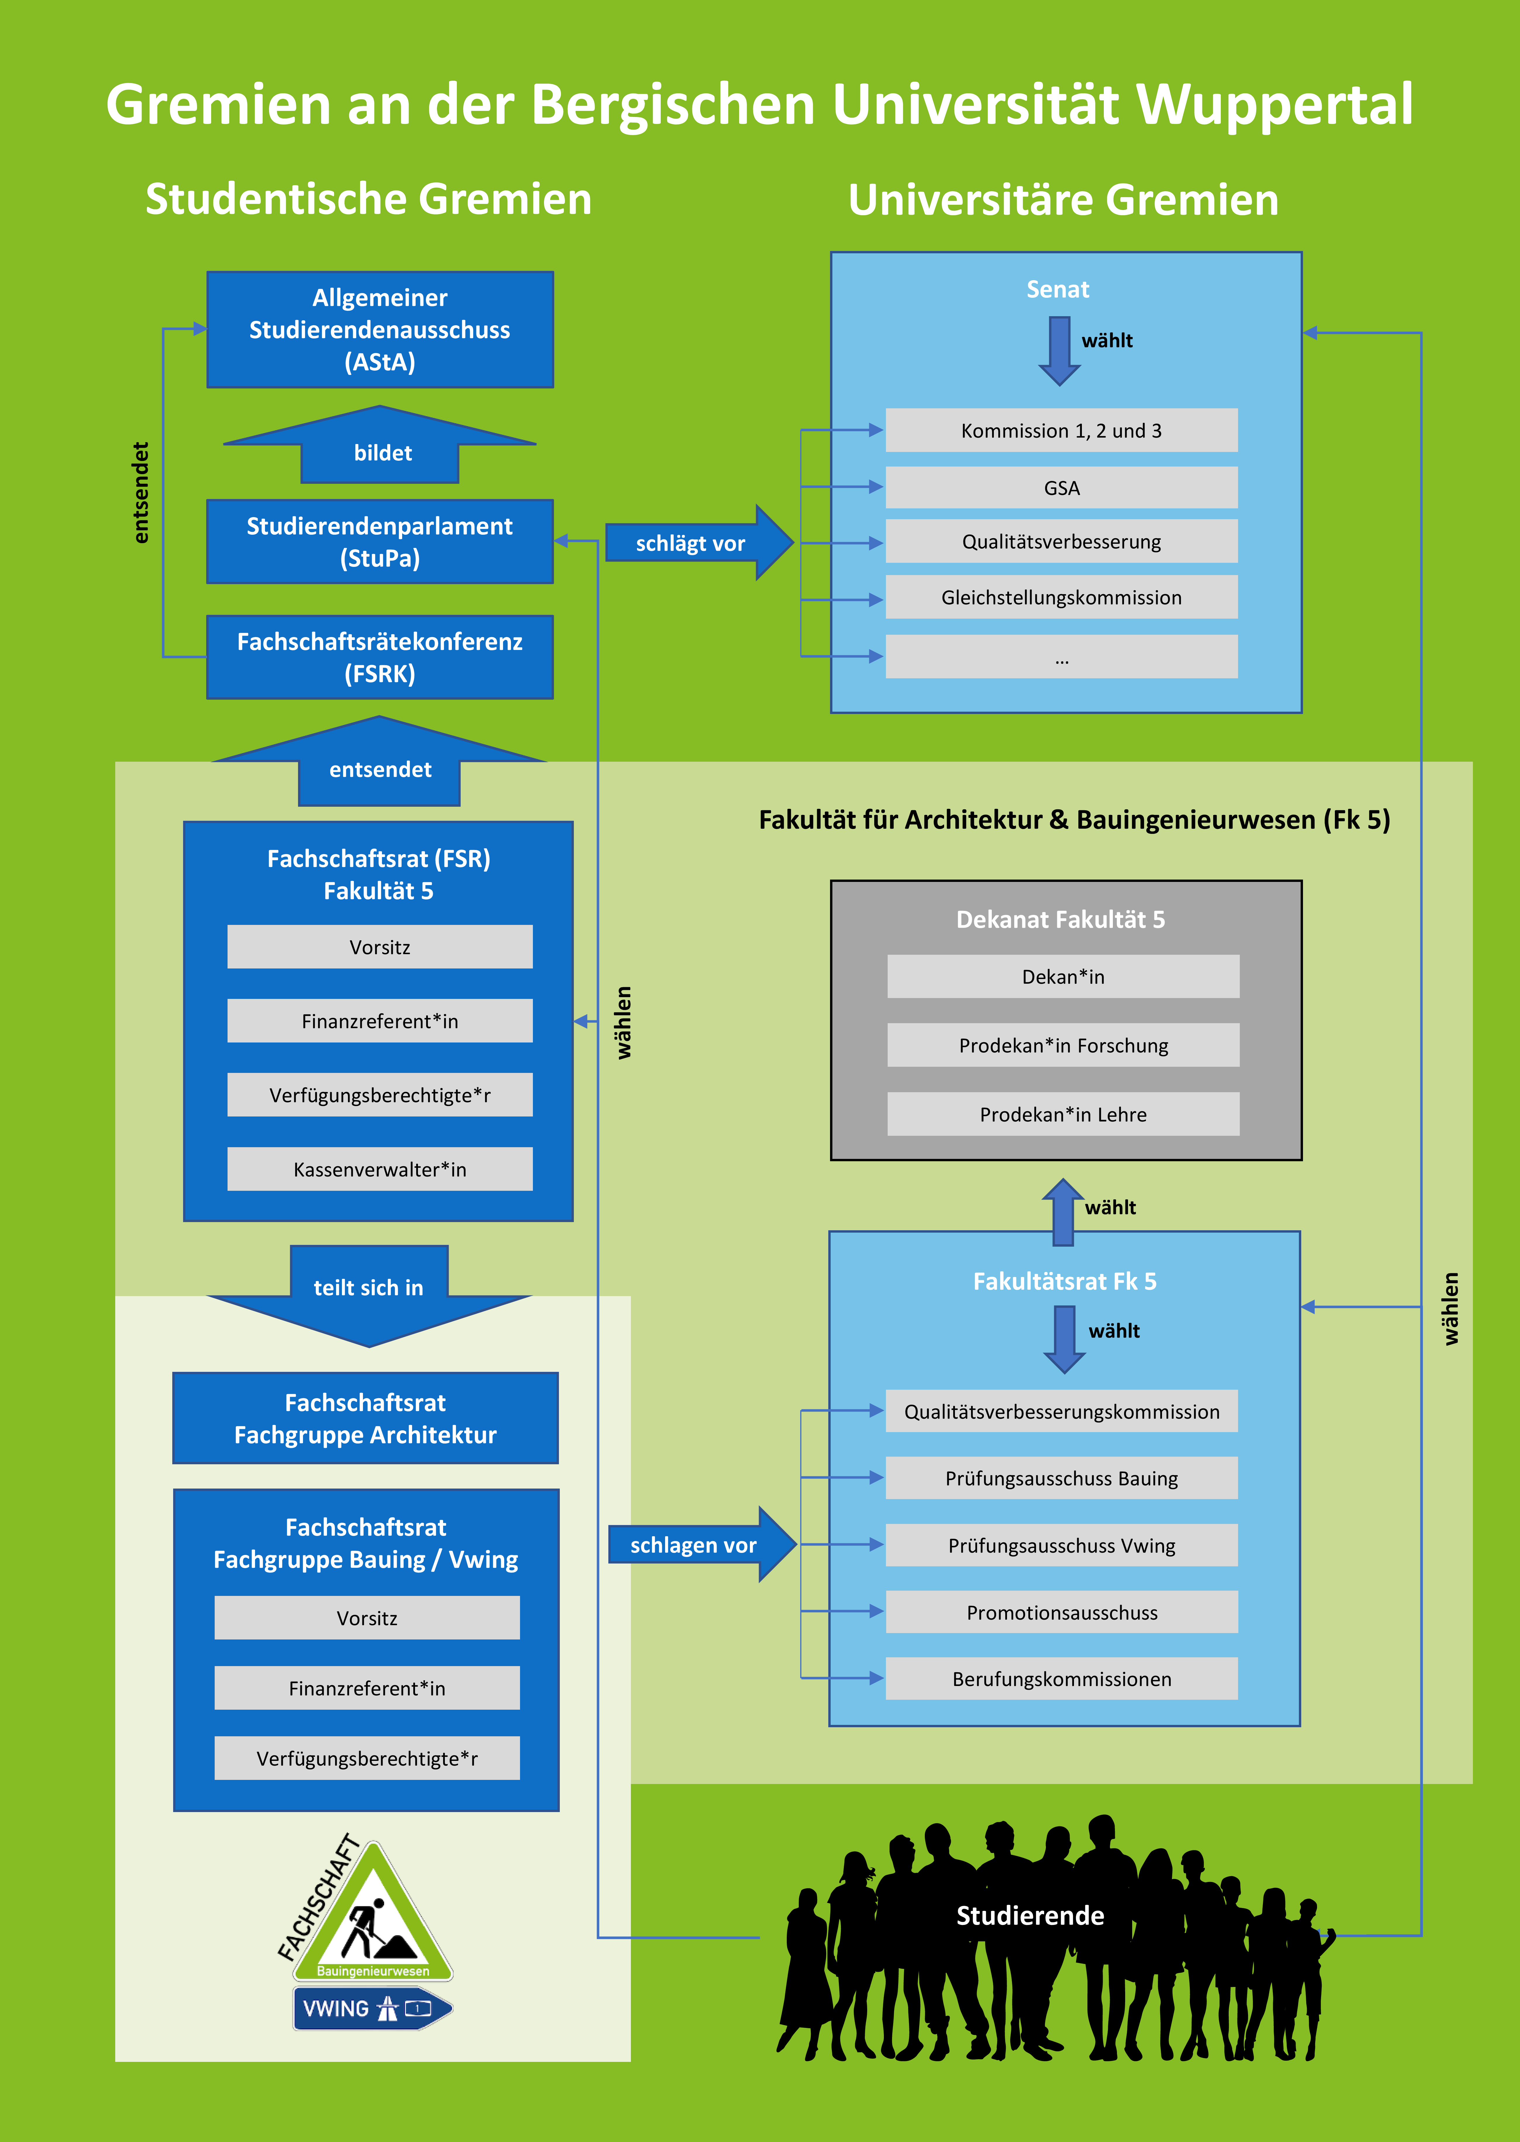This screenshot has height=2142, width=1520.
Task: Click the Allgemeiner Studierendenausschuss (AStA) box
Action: [380, 329]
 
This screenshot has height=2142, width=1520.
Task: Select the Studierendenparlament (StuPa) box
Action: [380, 542]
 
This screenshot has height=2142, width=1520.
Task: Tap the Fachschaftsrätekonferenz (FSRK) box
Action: [380, 657]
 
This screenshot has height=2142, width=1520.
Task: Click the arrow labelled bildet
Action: [380, 445]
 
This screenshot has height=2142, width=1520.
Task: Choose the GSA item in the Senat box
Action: [1061, 488]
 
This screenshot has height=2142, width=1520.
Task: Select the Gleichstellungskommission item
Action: [1061, 597]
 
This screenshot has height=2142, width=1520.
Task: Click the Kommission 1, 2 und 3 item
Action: [1061, 431]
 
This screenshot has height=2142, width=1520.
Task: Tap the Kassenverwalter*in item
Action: [380, 1169]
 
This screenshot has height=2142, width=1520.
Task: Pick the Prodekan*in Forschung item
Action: [1063, 1045]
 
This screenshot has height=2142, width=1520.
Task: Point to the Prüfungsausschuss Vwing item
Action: [1061, 1545]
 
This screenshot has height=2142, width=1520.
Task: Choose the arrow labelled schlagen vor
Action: [702, 1544]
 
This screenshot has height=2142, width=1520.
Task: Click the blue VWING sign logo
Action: [373, 2008]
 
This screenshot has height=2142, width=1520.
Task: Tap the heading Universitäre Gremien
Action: [1063, 199]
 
